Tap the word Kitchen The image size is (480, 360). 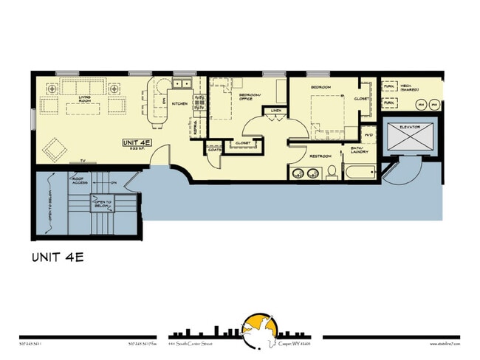[179, 104]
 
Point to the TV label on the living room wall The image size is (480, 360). [83, 160]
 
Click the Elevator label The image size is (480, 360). [410, 128]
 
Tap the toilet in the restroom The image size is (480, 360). [332, 173]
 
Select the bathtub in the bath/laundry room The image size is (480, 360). [360, 175]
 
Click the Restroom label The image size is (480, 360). [320, 156]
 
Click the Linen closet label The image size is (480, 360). [275, 111]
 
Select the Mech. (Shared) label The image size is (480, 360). [410, 88]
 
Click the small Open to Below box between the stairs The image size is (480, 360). [101, 204]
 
